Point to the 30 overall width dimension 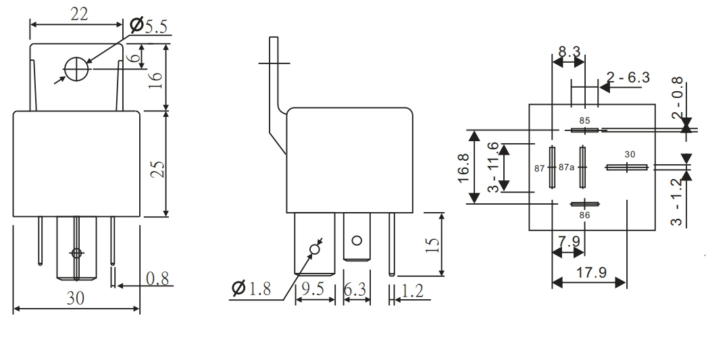(x=76, y=299)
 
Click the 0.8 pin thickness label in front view (x=156, y=278)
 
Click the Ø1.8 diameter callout (x=252, y=289)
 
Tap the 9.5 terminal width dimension (x=314, y=289)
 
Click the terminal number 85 (x=585, y=121)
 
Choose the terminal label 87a (x=566, y=168)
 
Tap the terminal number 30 (x=630, y=155)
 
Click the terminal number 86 (x=585, y=214)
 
